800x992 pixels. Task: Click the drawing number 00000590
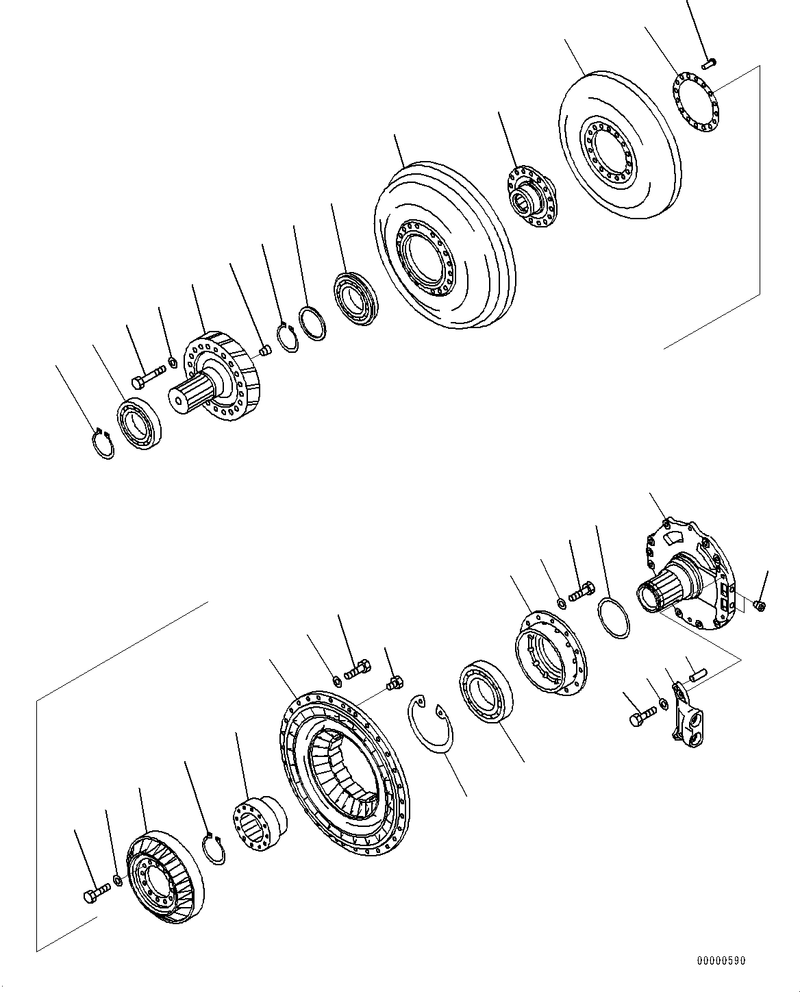click(x=721, y=961)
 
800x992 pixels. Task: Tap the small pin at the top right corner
click(x=709, y=64)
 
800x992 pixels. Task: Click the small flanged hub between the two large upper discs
click(x=532, y=197)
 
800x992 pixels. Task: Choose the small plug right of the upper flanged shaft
click(x=266, y=351)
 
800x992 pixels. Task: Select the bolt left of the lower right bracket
click(x=638, y=717)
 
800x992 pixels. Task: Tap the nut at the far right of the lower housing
click(x=758, y=605)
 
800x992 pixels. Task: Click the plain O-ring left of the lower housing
click(x=613, y=617)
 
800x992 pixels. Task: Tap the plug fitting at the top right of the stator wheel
click(x=394, y=682)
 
